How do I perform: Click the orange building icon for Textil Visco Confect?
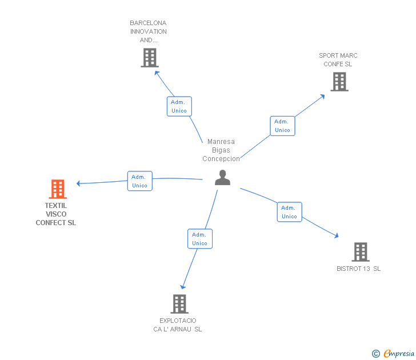click(x=58, y=189)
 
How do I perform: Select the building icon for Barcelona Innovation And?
click(x=150, y=58)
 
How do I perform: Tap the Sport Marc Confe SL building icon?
click(x=339, y=82)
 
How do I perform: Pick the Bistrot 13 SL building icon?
click(x=360, y=251)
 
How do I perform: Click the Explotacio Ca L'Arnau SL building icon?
click(x=179, y=304)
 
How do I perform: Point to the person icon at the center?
click(x=222, y=178)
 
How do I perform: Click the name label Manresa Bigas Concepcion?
click(x=221, y=150)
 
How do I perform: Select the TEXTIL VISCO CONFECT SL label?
click(x=56, y=214)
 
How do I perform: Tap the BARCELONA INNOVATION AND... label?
click(x=149, y=32)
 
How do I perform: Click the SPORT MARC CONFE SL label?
click(x=338, y=60)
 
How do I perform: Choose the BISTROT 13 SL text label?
click(x=359, y=269)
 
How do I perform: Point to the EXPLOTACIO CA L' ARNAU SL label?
click(x=178, y=325)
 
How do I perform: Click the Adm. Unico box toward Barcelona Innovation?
click(x=179, y=106)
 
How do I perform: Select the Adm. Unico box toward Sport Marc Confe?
click(x=282, y=126)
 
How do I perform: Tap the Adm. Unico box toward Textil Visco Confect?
click(x=139, y=181)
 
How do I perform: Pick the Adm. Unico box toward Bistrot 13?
click(x=289, y=212)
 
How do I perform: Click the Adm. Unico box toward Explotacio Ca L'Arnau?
click(x=200, y=239)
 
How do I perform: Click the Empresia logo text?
click(x=399, y=354)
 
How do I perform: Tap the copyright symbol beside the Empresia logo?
click(x=376, y=354)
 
